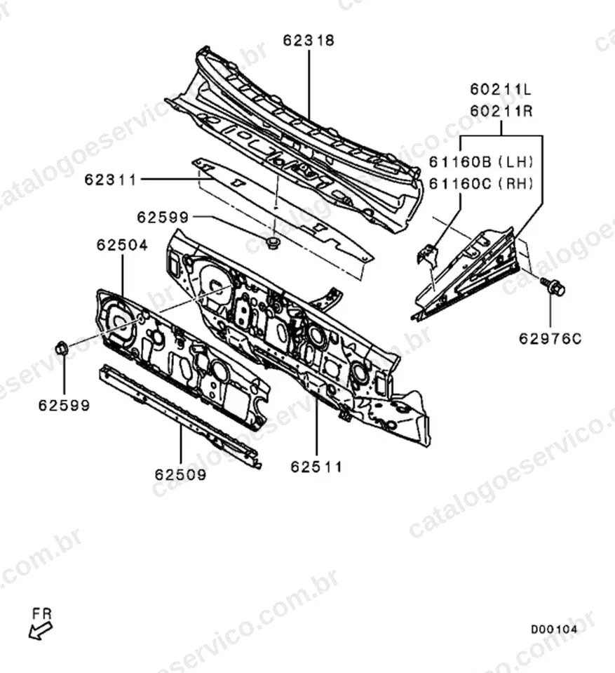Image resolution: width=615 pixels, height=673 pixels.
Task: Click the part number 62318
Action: coord(309,40)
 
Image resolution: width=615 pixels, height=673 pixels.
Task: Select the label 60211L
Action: coord(501,89)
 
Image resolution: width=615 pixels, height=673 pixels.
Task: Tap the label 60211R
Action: coord(501,111)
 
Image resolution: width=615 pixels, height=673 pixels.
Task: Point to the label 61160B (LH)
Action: coord(481,162)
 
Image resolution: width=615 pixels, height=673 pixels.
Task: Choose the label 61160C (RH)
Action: coord(481,184)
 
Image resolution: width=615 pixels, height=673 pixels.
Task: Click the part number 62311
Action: coord(110,180)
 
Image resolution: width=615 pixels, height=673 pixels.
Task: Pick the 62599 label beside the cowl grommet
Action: coord(163,217)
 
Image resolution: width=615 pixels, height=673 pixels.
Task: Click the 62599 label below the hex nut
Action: coord(65,405)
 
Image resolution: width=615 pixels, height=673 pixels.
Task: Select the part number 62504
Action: coord(122,245)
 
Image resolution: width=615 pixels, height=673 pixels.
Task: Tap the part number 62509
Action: coord(180,474)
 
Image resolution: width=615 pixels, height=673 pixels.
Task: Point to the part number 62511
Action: coord(316,467)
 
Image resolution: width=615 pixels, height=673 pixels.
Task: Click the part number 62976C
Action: coord(550,339)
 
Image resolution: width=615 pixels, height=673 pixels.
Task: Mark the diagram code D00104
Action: coord(554,629)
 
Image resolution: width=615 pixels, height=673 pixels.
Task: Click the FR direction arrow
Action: coord(40,631)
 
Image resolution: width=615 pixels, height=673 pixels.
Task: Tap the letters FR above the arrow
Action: coord(42,614)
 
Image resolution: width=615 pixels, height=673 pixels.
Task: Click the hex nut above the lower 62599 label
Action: coord(61,347)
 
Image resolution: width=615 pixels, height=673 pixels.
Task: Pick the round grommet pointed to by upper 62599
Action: coord(271,244)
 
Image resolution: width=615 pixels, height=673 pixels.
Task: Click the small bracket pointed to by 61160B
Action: coord(426,254)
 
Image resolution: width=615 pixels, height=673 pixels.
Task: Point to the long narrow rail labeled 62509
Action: coord(180,415)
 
